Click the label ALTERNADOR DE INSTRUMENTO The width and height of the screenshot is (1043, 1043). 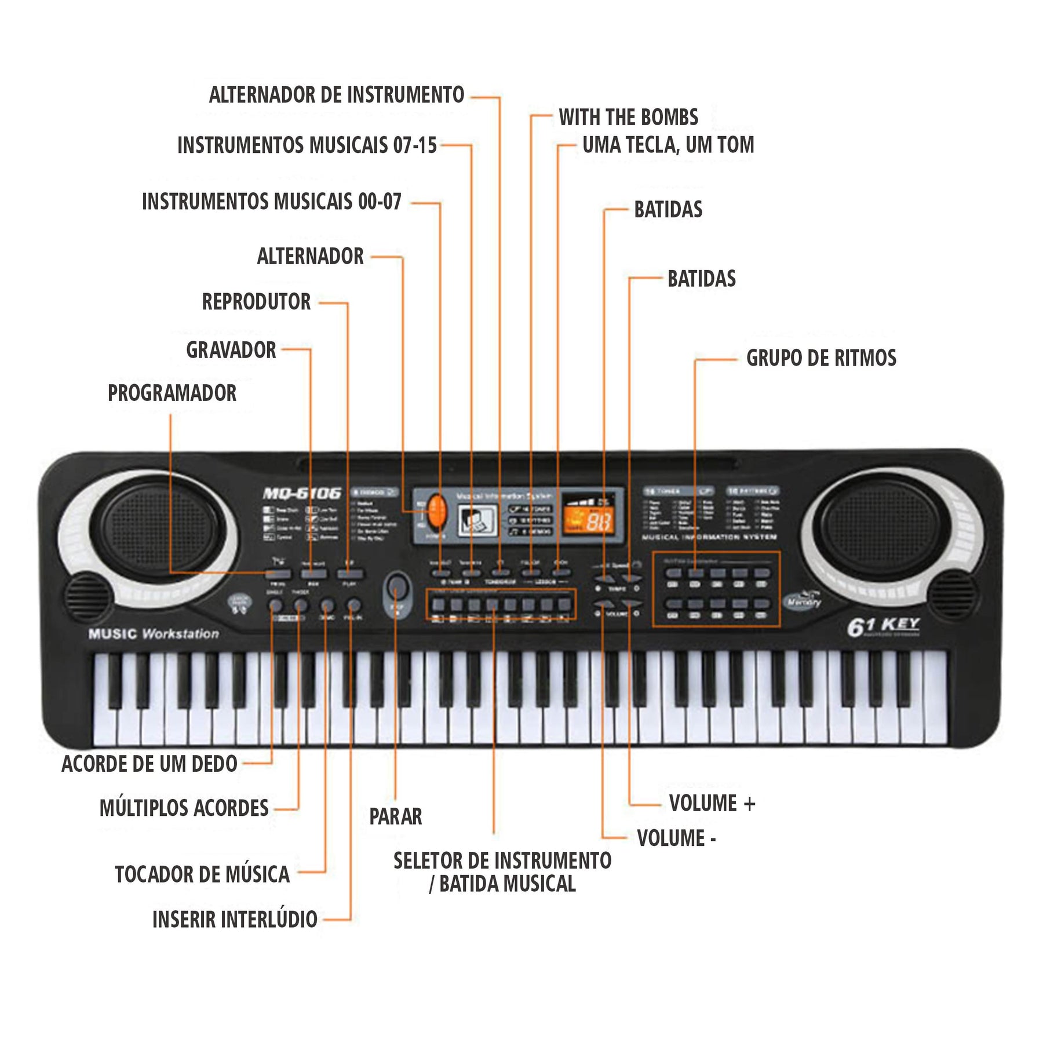pos(337,95)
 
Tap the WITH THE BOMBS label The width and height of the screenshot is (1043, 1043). pos(628,118)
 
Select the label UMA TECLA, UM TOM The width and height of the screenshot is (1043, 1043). pos(668,145)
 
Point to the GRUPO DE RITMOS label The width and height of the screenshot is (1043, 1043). pos(821,358)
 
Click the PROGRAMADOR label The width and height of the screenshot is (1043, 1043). pos(172,393)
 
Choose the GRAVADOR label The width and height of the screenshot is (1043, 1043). pos(231,350)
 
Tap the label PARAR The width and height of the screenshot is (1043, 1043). pos(396,816)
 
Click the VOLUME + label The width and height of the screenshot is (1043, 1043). pos(712,804)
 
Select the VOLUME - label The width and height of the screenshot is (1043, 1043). pos(676,838)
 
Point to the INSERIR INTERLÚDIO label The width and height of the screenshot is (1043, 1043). pos(235,920)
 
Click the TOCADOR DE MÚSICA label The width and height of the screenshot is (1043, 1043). pos(202,874)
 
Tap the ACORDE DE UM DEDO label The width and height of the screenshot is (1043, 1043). pos(149,764)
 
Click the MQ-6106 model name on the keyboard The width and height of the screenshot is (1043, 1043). pos(302,494)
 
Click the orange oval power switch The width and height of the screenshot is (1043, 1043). pos(437,511)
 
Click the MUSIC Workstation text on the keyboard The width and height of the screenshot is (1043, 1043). pos(154,634)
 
